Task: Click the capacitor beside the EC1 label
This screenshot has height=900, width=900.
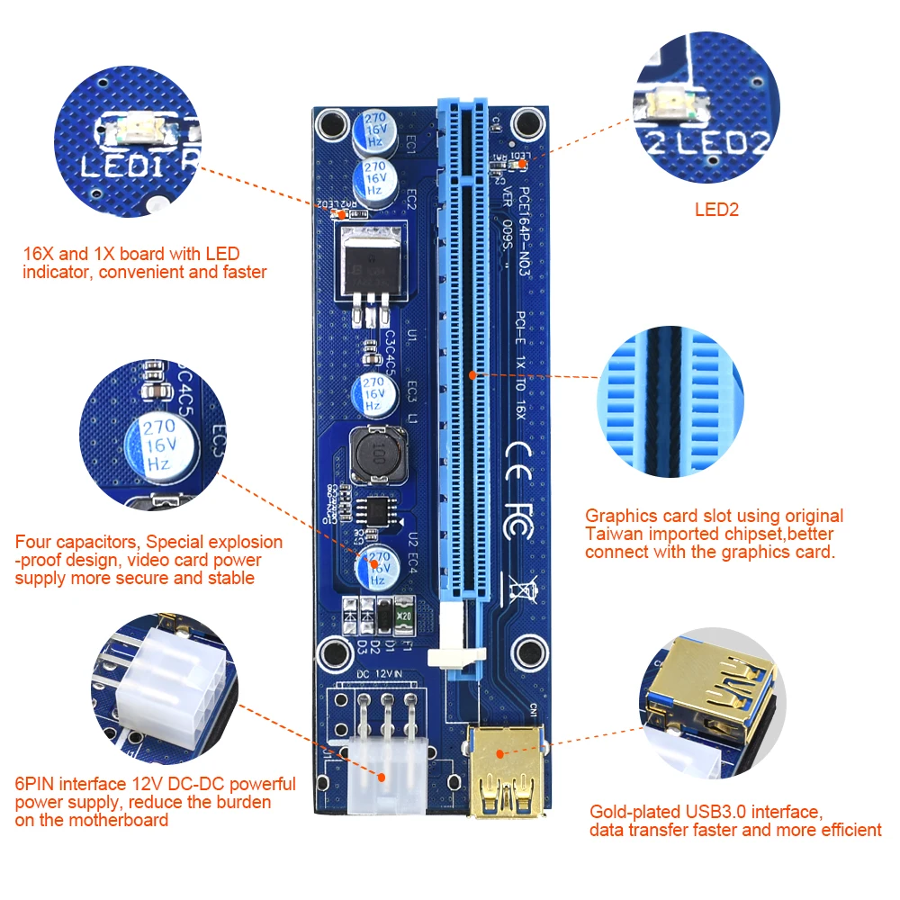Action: pyautogui.click(x=374, y=130)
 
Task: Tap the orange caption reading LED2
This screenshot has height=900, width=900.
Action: pyautogui.click(x=716, y=210)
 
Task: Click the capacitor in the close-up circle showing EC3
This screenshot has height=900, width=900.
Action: pyautogui.click(x=159, y=445)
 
